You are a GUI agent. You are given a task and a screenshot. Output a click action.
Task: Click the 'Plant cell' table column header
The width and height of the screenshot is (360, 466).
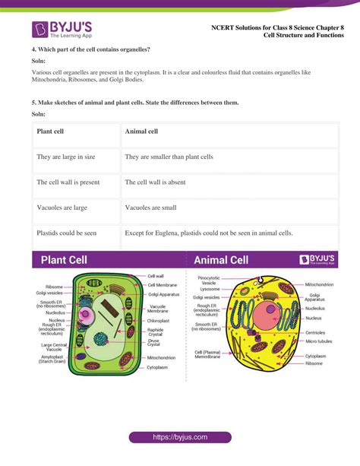point(50,132)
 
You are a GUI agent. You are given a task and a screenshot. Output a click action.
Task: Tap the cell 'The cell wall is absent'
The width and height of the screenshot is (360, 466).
point(161,182)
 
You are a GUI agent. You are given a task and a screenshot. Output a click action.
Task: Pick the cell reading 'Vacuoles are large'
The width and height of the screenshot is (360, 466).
point(62,207)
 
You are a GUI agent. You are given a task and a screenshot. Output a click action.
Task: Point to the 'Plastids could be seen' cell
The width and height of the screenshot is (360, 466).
point(67,233)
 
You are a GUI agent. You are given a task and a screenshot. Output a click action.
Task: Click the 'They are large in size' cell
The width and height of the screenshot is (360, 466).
point(65,157)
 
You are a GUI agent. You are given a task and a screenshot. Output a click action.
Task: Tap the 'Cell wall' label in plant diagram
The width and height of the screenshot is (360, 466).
point(156,276)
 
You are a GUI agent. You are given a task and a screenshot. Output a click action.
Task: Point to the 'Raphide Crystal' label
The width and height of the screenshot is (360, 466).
point(156,332)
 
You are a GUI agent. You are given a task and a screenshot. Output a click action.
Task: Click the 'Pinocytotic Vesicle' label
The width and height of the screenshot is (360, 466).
point(209,281)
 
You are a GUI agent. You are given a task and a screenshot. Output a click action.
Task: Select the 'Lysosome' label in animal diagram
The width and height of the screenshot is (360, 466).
point(209,289)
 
